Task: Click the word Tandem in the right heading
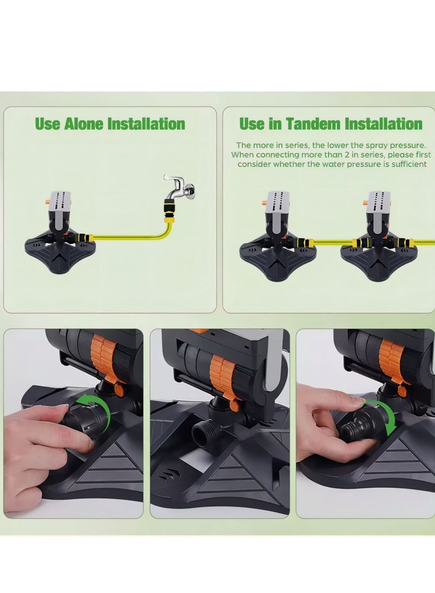coord(304,124)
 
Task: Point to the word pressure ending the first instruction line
coord(407,145)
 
